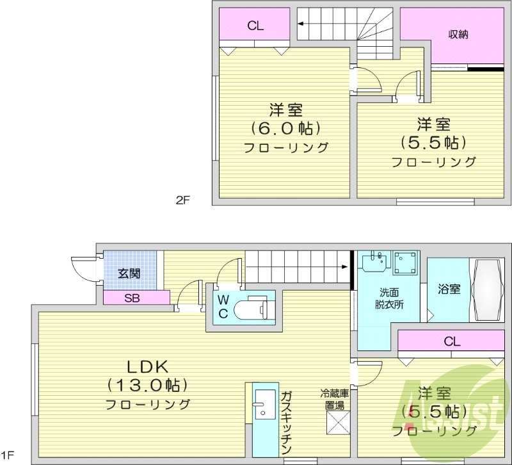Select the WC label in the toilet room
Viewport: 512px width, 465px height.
click(x=223, y=306)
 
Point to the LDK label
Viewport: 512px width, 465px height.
click(x=147, y=366)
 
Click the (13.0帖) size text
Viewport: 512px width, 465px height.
click(x=147, y=385)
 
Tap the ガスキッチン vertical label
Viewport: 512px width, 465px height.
click(x=286, y=422)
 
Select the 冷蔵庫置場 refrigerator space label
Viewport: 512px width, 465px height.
click(x=333, y=400)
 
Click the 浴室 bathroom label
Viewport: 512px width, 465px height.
click(x=449, y=289)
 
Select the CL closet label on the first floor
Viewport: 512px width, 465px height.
click(x=452, y=341)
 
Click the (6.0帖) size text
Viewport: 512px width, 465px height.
click(x=285, y=127)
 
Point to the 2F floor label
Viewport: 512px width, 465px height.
click(x=183, y=200)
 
